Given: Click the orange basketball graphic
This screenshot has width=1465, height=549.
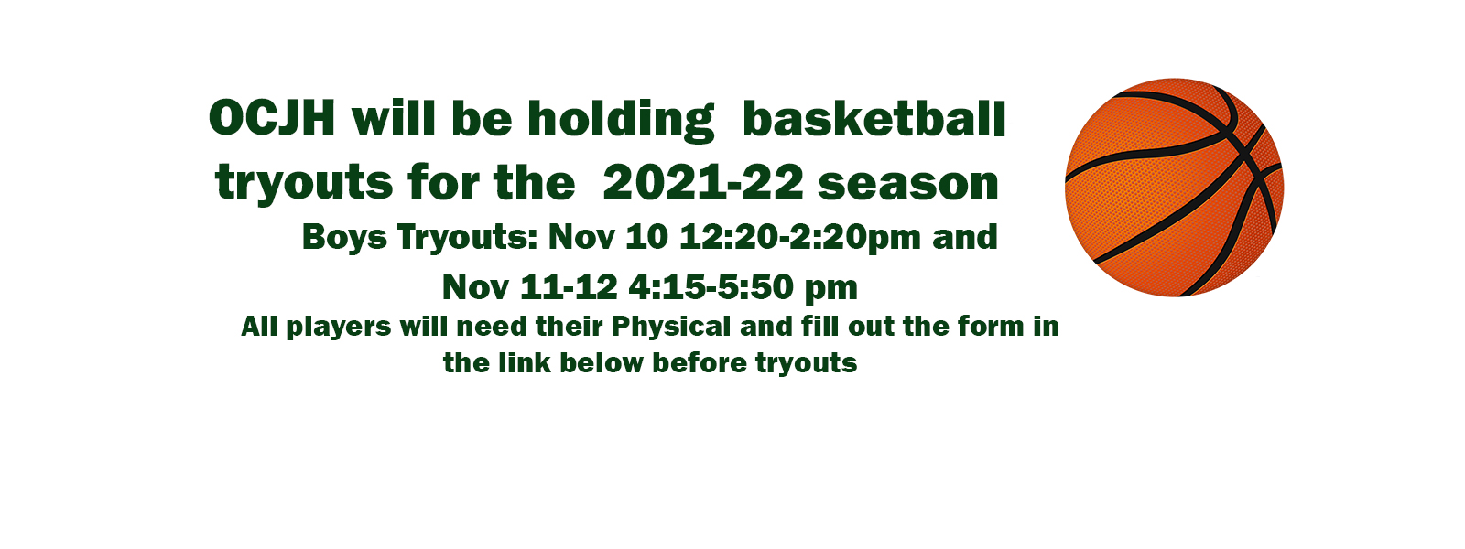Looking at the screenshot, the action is (x=1174, y=188).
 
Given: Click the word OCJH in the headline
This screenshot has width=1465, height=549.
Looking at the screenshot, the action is (x=272, y=118).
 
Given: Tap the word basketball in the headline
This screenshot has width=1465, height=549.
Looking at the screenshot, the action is (x=874, y=120).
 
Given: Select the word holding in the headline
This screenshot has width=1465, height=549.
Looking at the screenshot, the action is (x=621, y=121).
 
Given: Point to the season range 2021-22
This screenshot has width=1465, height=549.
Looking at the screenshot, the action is (x=703, y=183).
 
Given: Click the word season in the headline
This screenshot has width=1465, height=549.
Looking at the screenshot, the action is (x=908, y=185).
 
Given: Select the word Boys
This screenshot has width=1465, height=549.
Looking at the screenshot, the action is (x=344, y=237).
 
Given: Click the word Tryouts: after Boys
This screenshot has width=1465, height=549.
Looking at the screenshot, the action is (x=468, y=237).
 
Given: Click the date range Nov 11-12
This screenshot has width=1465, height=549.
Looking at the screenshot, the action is (x=530, y=287).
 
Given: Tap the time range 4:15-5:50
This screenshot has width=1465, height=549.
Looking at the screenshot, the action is (x=711, y=287).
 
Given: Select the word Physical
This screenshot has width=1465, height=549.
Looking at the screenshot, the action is (x=671, y=327).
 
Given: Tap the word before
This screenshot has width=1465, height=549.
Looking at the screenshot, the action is (x=700, y=362).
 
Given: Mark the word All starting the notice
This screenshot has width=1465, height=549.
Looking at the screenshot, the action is (x=260, y=326).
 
